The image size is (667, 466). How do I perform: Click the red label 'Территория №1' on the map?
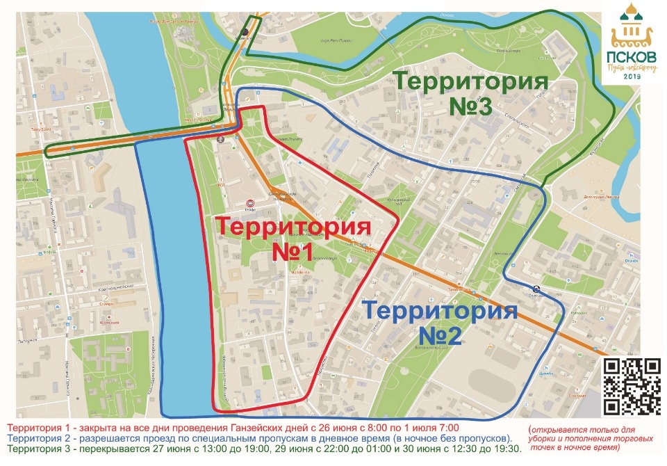coord(292,239)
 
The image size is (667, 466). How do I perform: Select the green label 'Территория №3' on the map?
coord(472,93)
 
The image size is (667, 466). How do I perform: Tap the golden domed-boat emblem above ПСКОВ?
coord(628,31)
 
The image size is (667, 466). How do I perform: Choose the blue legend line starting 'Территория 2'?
coord(258,439)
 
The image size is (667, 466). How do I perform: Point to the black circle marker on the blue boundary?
coord(536,289)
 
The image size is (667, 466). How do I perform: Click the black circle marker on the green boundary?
coord(244,33)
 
